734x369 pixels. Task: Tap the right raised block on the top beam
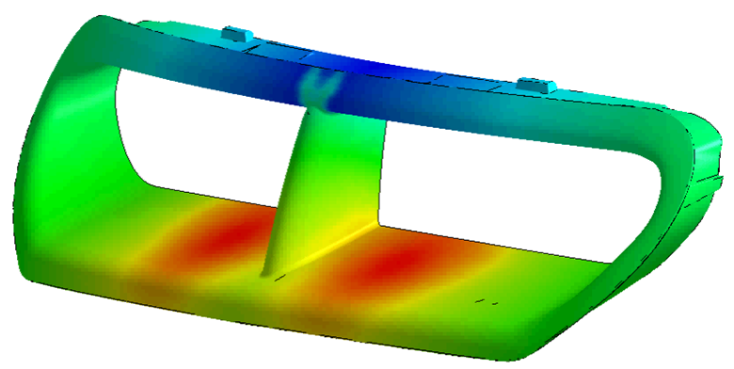(533, 85)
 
